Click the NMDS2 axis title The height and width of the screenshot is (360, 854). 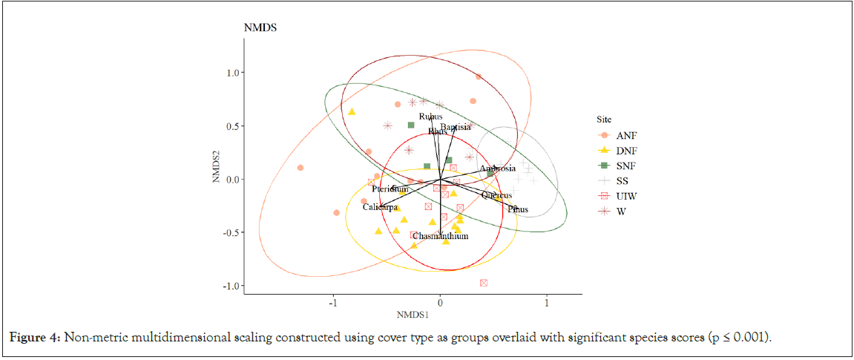pyautogui.click(x=216, y=168)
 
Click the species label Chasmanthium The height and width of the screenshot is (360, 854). pyautogui.click(x=439, y=237)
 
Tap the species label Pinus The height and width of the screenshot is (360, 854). pyautogui.click(x=518, y=209)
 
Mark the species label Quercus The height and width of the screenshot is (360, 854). pyautogui.click(x=496, y=196)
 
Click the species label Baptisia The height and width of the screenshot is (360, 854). pyautogui.click(x=455, y=127)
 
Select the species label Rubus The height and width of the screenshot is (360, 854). pyautogui.click(x=430, y=117)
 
